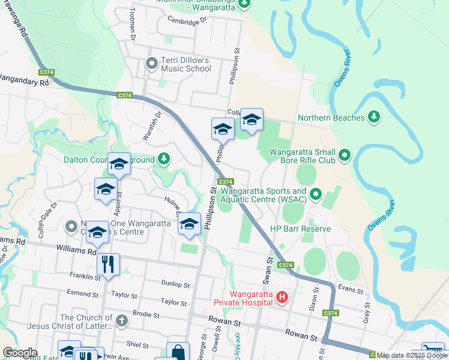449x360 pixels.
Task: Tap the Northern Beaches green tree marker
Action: coord(374,117)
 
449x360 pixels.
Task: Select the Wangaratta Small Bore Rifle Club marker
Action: coord(345,155)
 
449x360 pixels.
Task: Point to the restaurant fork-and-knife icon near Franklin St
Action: coord(108,264)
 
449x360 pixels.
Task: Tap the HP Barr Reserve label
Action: coord(300,229)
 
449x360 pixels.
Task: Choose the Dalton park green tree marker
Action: coord(163,159)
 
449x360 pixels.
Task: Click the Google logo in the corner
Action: coord(20,352)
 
